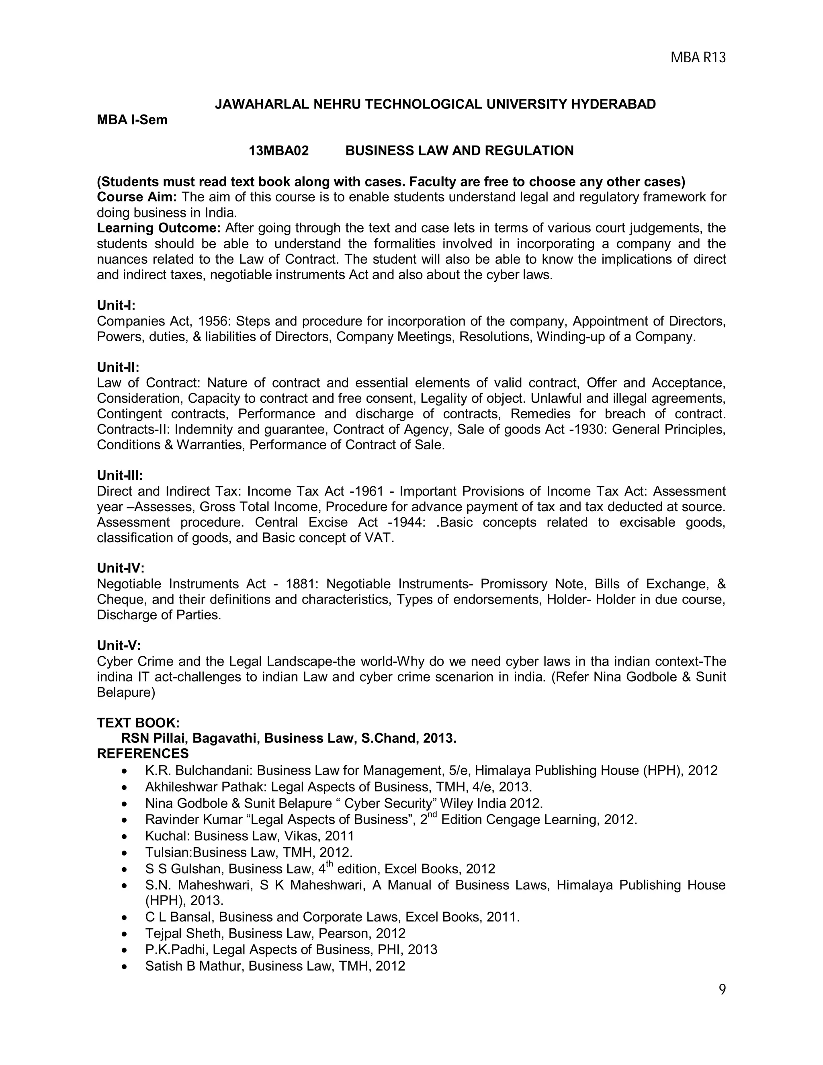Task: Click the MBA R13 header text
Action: pos(698,58)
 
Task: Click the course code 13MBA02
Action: pos(278,151)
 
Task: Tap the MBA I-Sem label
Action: pos(132,120)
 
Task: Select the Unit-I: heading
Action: pos(116,305)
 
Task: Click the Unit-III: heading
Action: pos(120,475)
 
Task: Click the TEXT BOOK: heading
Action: pos(138,723)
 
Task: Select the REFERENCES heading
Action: pos(143,754)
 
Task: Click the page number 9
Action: pos(722,989)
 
